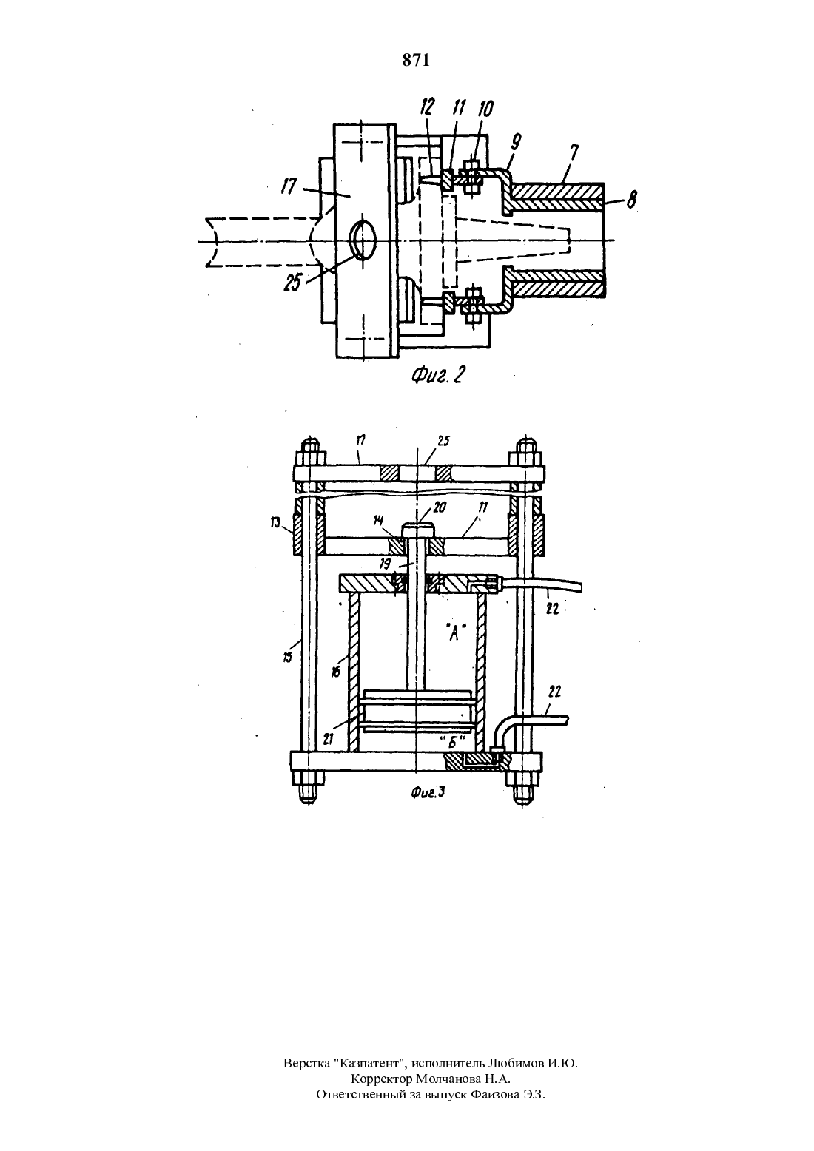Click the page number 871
click(415, 61)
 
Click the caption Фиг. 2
click(438, 376)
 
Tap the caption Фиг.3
click(428, 793)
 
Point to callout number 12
click(426, 108)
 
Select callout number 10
click(485, 109)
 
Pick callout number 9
click(516, 141)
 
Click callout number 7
click(573, 153)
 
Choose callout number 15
click(288, 657)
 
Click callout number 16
click(336, 672)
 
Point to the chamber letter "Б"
click(453, 743)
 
